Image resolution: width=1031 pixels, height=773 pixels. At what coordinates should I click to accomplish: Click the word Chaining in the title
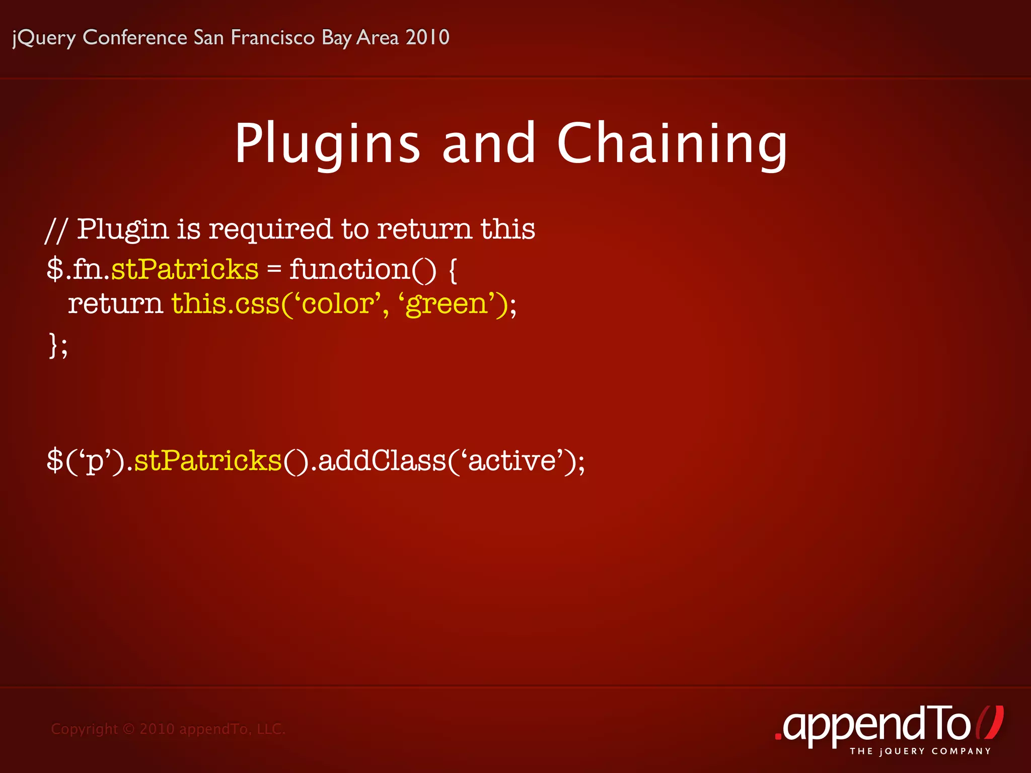click(672, 144)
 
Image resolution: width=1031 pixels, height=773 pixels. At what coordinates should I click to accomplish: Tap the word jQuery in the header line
click(44, 38)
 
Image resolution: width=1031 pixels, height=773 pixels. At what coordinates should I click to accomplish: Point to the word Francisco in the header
click(272, 37)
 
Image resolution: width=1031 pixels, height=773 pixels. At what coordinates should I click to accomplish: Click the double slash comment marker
click(55, 230)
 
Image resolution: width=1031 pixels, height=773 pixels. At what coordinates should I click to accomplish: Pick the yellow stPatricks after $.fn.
click(184, 269)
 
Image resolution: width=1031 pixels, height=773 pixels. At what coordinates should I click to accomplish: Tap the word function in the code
click(349, 269)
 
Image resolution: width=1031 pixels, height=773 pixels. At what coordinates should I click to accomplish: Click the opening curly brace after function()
click(452, 271)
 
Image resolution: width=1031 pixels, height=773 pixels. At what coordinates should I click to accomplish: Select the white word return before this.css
click(115, 304)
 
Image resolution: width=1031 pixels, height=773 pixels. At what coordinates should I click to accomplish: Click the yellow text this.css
click(225, 304)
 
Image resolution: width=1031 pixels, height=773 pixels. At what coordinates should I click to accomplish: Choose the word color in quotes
click(337, 304)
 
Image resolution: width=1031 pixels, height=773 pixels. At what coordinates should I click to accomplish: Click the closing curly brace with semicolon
click(57, 345)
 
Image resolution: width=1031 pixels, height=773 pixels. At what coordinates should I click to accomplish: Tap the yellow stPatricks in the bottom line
click(207, 460)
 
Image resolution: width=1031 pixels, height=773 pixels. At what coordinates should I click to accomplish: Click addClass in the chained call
click(382, 460)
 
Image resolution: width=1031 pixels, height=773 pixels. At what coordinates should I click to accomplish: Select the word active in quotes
click(511, 460)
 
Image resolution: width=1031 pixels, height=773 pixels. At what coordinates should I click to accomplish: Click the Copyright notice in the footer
click(168, 729)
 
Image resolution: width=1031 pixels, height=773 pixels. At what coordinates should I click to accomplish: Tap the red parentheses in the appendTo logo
click(990, 723)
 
